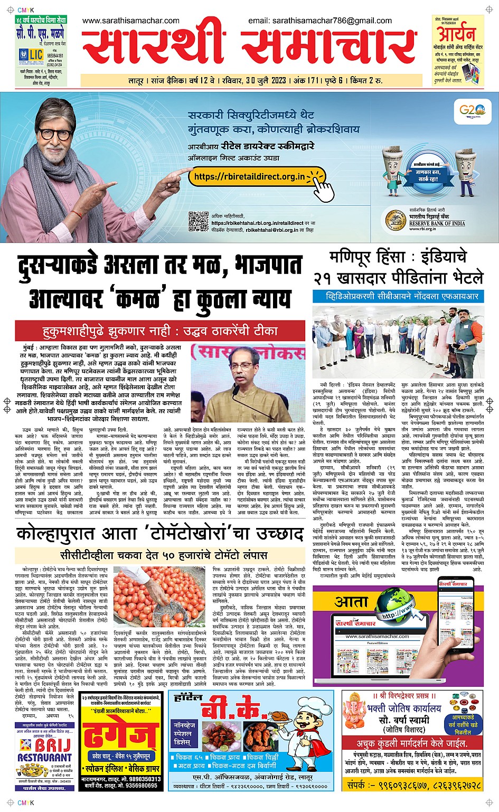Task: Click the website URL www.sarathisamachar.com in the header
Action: click(x=131, y=21)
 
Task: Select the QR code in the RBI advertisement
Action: click(x=199, y=221)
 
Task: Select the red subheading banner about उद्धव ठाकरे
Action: click(x=159, y=332)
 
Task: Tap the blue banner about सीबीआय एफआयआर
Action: click(x=397, y=296)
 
